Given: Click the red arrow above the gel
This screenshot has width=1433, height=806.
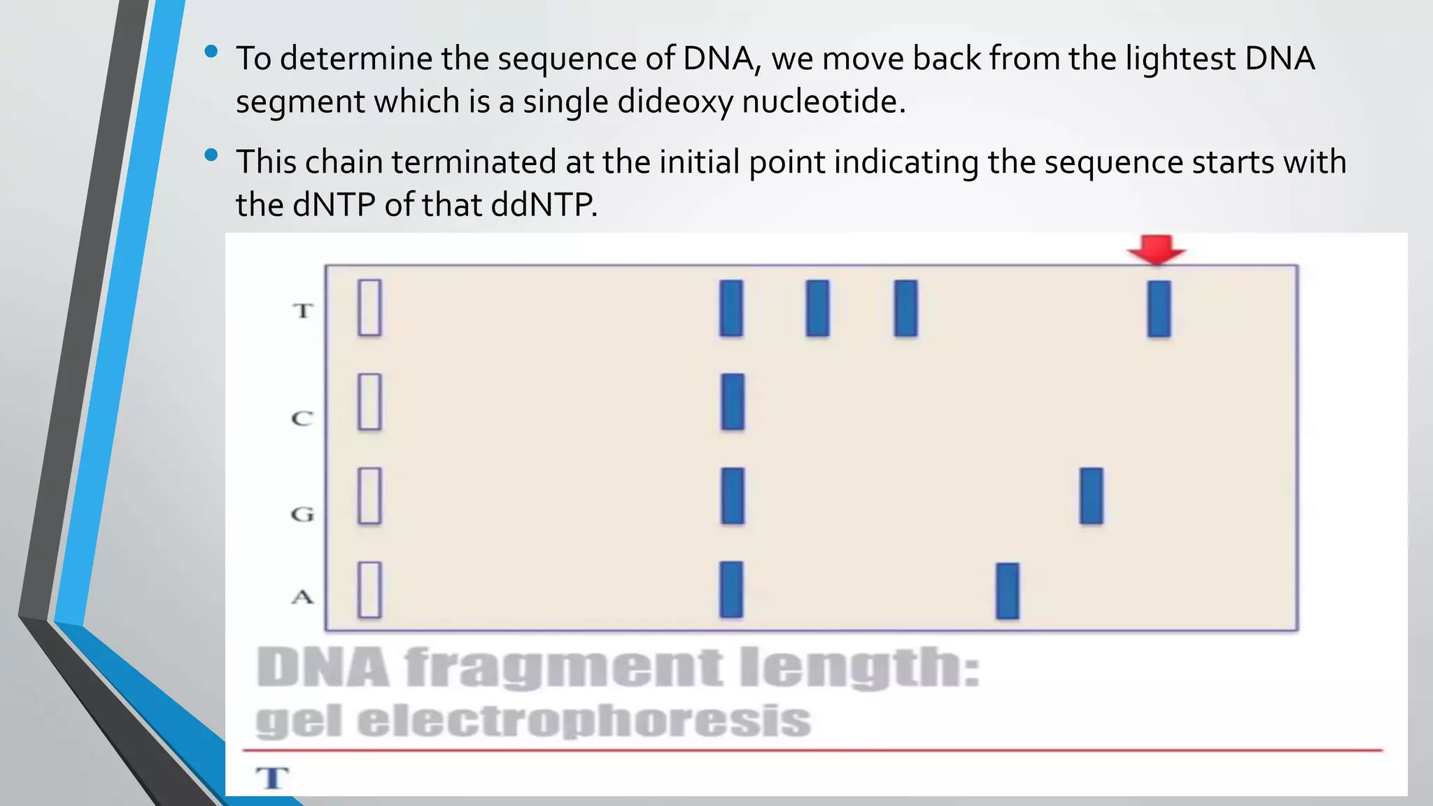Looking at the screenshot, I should [1156, 250].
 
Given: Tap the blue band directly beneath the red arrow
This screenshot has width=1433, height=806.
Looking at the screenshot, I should [1159, 309].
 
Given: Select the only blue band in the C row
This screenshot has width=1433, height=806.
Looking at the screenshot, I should [733, 402].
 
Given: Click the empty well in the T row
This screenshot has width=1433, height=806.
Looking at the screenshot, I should [369, 308].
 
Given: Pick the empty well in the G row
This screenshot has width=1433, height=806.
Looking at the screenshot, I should [369, 496].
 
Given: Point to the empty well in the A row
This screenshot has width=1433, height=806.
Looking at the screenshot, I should [369, 590].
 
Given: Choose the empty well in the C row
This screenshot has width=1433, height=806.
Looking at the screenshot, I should [369, 402].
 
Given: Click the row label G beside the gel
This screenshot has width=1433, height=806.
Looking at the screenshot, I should [302, 514].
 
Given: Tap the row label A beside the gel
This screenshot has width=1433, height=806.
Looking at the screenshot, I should [302, 597].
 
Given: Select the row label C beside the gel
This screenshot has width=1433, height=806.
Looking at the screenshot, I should [302, 418].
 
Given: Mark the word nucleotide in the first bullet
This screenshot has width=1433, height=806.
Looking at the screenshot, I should [823, 102].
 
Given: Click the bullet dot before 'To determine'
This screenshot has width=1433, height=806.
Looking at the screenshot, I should [211, 52].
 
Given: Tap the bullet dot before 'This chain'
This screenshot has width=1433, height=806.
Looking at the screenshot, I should [211, 155].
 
